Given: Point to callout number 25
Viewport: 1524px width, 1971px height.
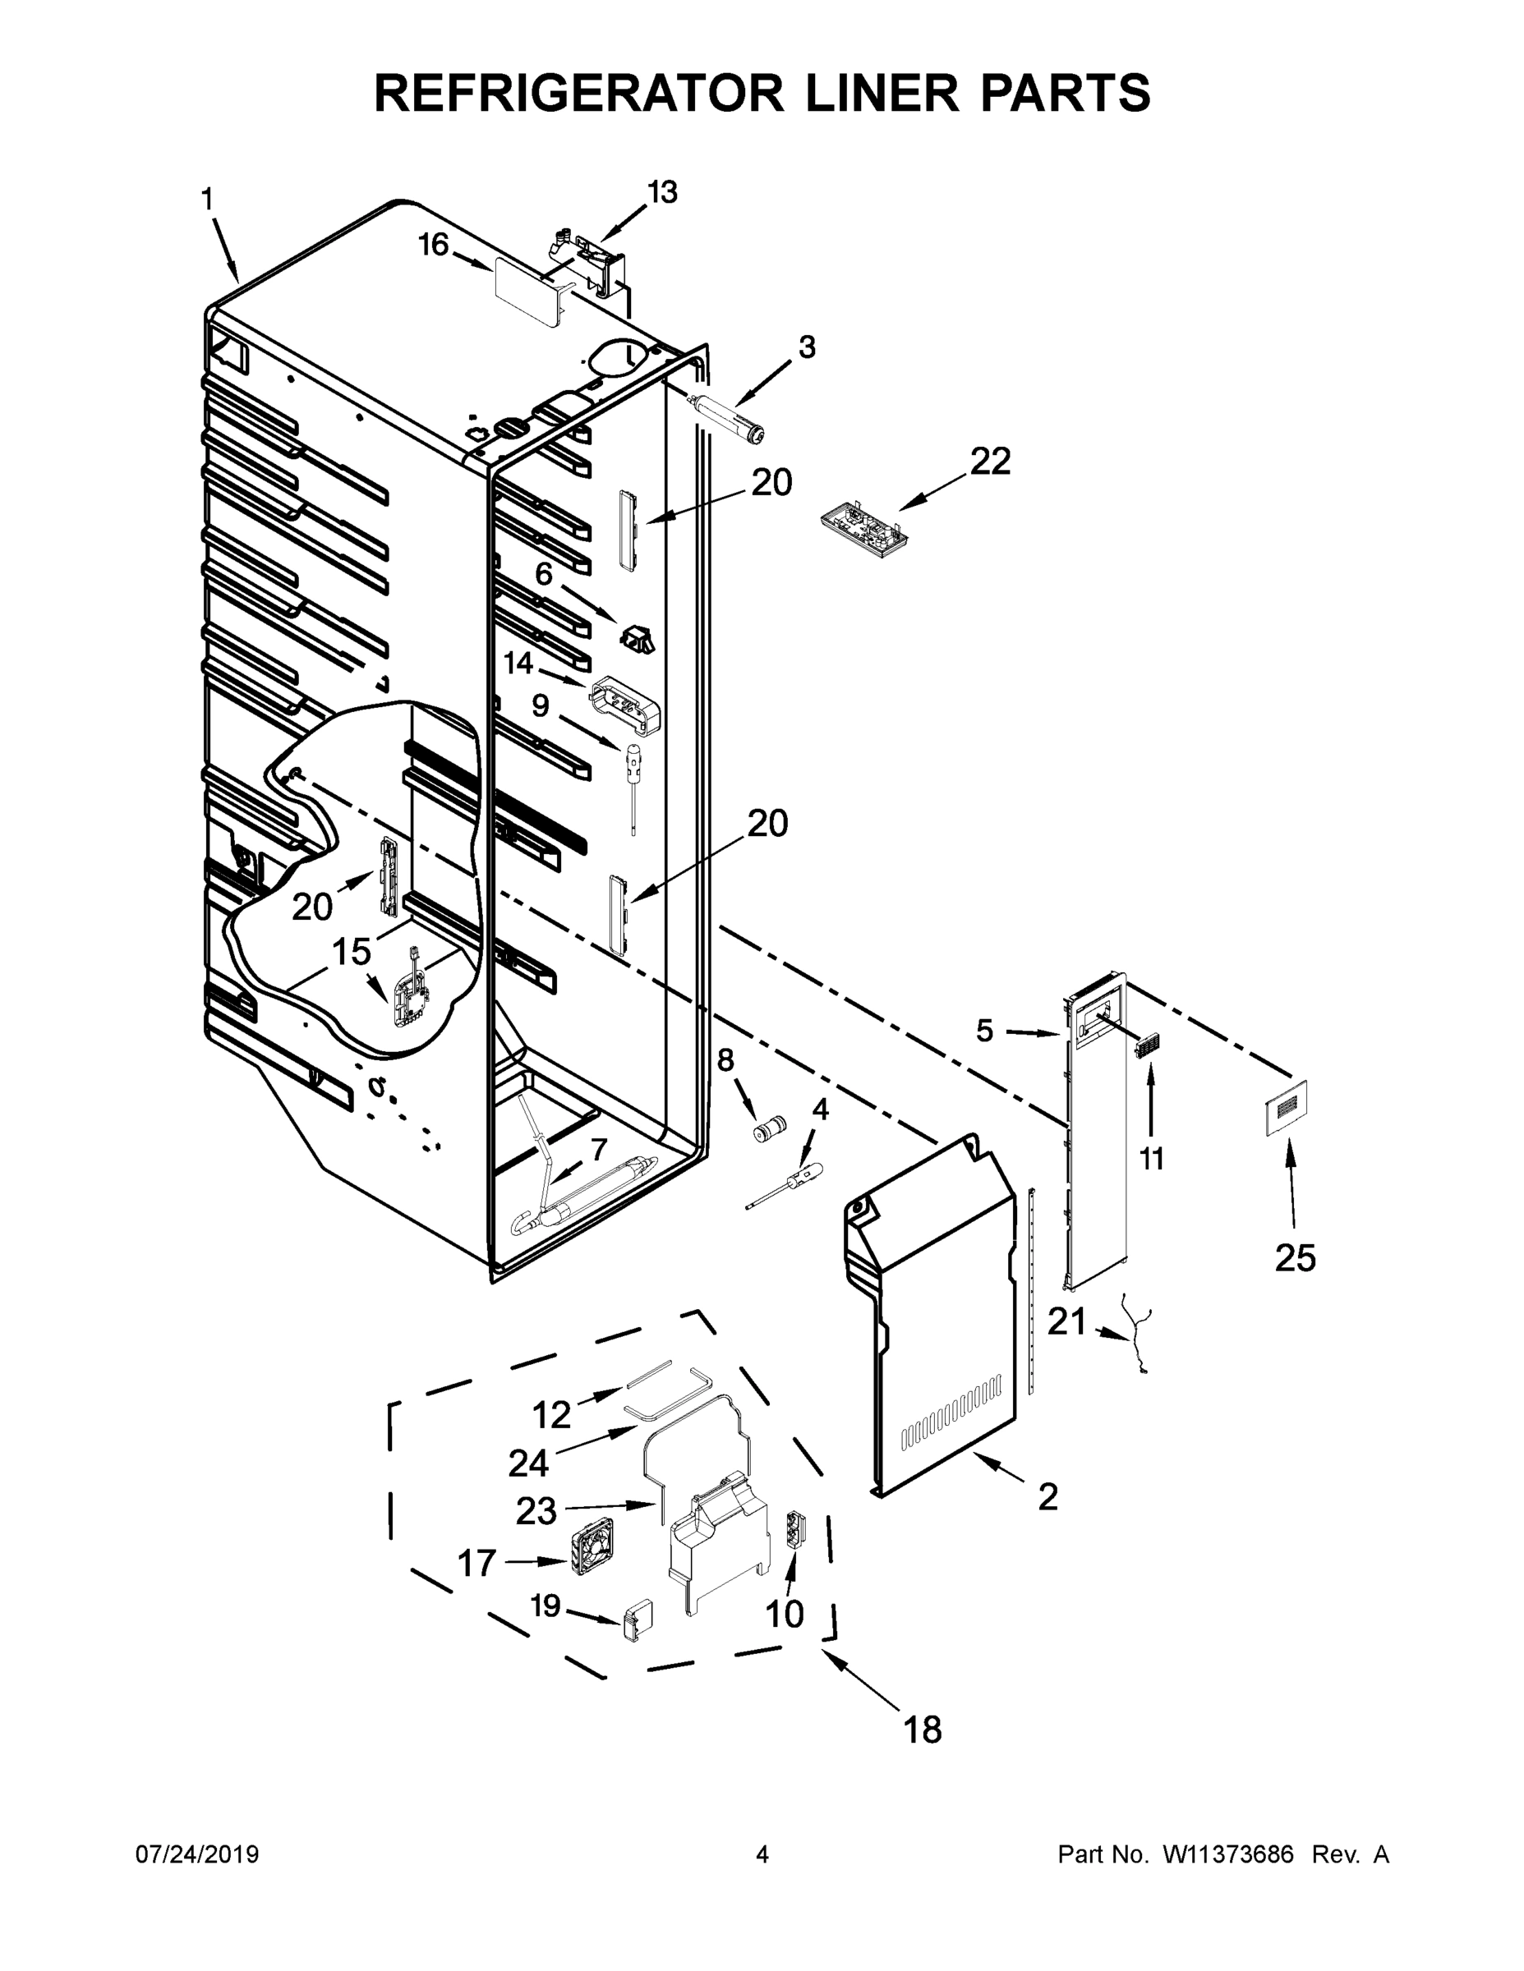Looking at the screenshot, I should pyautogui.click(x=1295, y=1258).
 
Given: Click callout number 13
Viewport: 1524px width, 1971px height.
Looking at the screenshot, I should pyautogui.click(x=663, y=192).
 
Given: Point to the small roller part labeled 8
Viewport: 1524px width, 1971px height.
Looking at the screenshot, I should pyautogui.click(x=769, y=1128).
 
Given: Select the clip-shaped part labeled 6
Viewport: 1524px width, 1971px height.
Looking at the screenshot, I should pyautogui.click(x=638, y=637).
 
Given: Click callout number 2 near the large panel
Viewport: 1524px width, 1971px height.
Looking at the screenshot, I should pyautogui.click(x=1047, y=1497).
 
